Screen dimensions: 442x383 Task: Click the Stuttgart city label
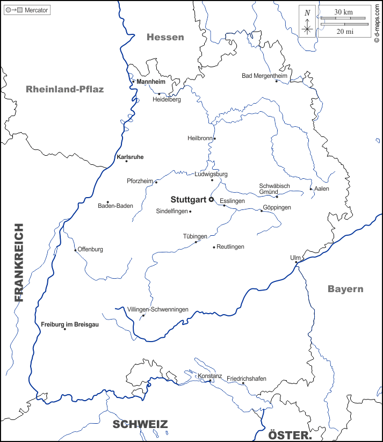point(189,199)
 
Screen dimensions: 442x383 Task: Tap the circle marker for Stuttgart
point(211,199)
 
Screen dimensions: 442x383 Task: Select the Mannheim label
point(151,82)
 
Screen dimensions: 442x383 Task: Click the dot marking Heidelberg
point(159,94)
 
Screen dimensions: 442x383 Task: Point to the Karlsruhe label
point(130,157)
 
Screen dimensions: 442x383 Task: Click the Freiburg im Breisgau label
point(70,324)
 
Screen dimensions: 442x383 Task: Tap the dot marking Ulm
point(296,262)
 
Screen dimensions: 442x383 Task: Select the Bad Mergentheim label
point(264,76)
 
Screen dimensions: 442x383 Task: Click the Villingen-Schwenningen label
point(158,310)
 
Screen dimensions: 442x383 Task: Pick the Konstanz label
point(209,376)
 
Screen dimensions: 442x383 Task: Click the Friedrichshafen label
point(246,379)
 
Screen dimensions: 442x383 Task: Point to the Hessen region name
point(165,37)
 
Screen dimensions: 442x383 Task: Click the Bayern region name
point(345,289)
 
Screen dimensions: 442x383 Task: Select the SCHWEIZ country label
point(140,424)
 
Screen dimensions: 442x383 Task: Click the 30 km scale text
point(343,12)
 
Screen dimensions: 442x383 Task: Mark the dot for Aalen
point(311,189)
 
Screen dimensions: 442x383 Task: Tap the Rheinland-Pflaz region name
point(64,89)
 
